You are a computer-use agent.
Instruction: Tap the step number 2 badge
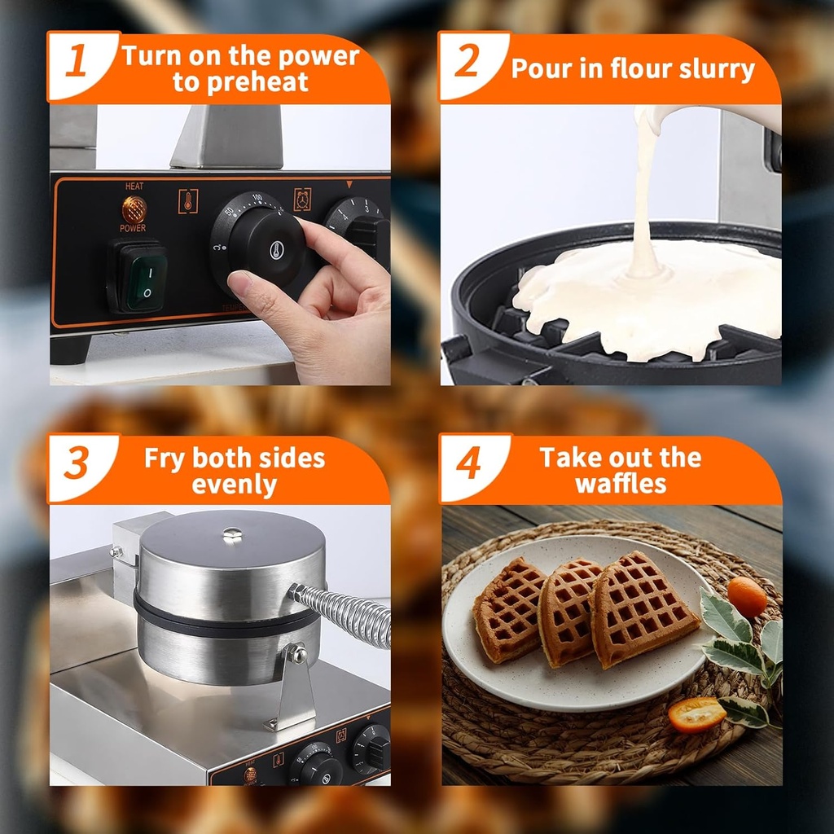click(467, 64)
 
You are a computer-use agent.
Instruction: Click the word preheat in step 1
click(240, 82)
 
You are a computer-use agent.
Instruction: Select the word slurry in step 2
click(709, 69)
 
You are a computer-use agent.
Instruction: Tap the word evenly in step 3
click(235, 485)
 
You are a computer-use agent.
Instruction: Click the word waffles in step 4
click(621, 484)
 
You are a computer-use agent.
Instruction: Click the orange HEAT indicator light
click(134, 208)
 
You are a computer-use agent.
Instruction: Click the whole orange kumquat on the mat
click(746, 597)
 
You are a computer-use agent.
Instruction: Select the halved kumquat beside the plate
click(696, 714)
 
